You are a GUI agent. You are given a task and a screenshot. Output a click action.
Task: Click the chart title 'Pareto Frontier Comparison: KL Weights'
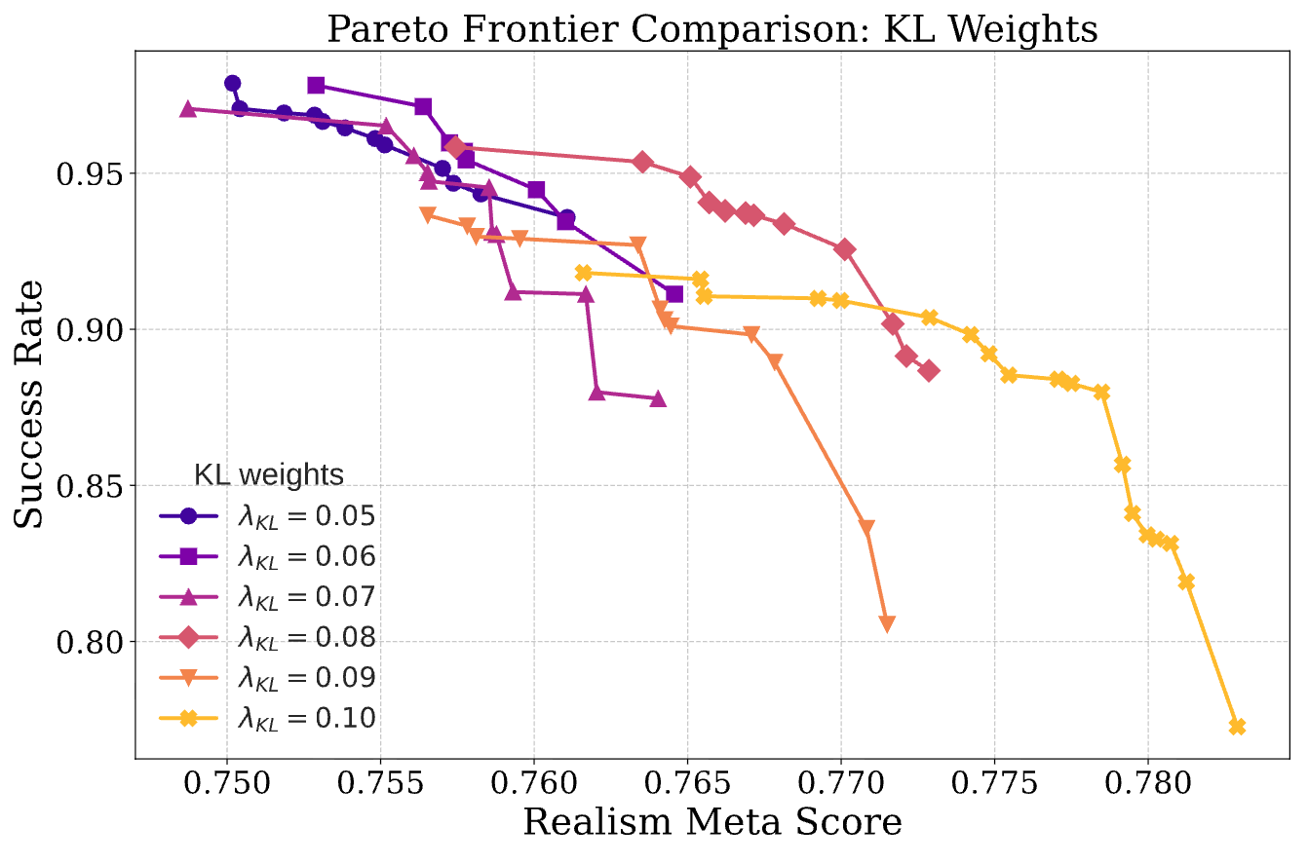tap(712, 28)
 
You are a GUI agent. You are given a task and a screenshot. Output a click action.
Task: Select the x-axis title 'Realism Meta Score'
tap(712, 823)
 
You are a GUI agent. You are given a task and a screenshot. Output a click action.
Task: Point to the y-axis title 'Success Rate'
tap(31, 404)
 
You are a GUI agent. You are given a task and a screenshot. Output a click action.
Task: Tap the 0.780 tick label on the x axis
tap(1147, 785)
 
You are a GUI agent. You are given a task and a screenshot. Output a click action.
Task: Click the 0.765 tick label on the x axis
tap(687, 785)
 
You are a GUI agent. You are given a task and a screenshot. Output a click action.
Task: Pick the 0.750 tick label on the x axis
tap(227, 785)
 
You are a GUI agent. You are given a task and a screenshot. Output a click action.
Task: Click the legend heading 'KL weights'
tap(268, 475)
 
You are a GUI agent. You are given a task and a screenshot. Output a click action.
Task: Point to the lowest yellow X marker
tap(1238, 727)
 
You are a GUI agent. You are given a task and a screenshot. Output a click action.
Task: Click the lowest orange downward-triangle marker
tap(887, 623)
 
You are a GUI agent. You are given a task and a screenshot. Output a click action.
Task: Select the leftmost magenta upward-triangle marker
tap(188, 108)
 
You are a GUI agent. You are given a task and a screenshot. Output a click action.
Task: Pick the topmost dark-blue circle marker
tap(232, 83)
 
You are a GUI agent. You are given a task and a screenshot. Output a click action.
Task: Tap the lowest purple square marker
tap(674, 294)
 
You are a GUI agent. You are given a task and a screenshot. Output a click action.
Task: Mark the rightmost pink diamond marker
tap(929, 370)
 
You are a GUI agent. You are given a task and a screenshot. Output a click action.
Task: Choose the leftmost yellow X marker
tap(584, 273)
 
